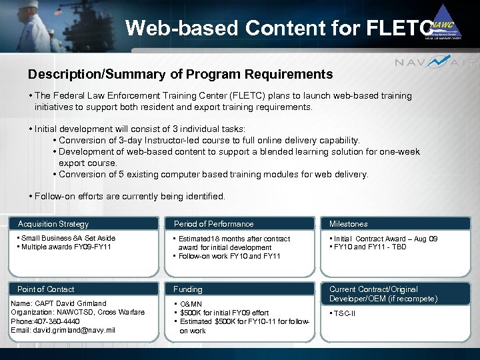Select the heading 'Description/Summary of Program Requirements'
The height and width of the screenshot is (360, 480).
(x=180, y=74)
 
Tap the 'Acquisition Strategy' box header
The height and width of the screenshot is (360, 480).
(x=53, y=224)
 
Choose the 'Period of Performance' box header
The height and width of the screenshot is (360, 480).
(x=213, y=224)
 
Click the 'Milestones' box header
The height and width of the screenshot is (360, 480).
(x=348, y=224)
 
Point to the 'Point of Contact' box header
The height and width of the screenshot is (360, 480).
(x=46, y=289)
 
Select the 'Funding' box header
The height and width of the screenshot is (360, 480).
(x=188, y=289)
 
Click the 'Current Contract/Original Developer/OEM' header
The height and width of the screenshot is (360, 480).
(x=383, y=294)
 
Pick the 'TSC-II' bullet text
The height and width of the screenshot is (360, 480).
(x=345, y=313)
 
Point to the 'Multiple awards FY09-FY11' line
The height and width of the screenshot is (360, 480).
(x=65, y=247)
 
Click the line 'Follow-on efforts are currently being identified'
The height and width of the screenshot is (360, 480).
(x=130, y=197)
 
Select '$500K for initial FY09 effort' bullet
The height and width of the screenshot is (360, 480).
(x=224, y=313)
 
